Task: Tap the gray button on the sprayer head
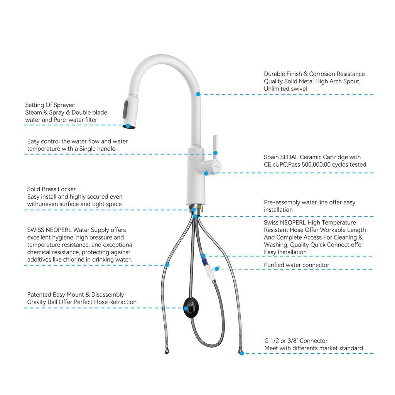pyautogui.click(x=125, y=109)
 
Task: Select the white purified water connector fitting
pyautogui.click(x=211, y=272)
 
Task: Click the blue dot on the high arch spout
pyautogui.click(x=198, y=94)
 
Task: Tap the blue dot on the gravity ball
pyautogui.click(x=186, y=308)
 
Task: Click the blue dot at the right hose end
pyautogui.click(x=241, y=353)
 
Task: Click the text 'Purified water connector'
pyautogui.click(x=297, y=265)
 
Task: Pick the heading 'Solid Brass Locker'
pyautogui.click(x=51, y=189)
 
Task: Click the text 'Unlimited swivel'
pyautogui.click(x=285, y=89)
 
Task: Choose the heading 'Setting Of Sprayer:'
pyautogui.click(x=50, y=105)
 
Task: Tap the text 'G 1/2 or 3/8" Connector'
pyautogui.click(x=296, y=341)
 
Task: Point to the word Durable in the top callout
pyautogui.click(x=275, y=74)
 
